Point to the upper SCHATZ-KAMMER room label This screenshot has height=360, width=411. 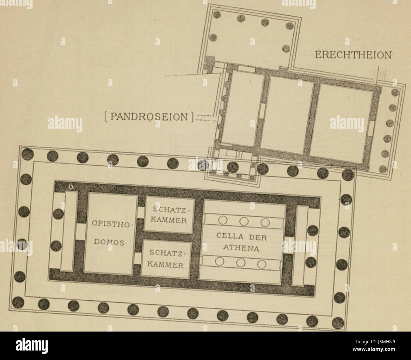pyautogui.click(x=169, y=215)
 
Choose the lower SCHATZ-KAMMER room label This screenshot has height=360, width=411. pyautogui.click(x=166, y=259)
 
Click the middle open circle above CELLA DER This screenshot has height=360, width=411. pyautogui.click(x=243, y=221)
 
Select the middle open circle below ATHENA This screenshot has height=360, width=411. pyautogui.click(x=241, y=263)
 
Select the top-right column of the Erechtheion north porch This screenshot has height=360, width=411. pyautogui.click(x=289, y=25)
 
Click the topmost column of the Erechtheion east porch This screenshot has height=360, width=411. pyautogui.click(x=395, y=92)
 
